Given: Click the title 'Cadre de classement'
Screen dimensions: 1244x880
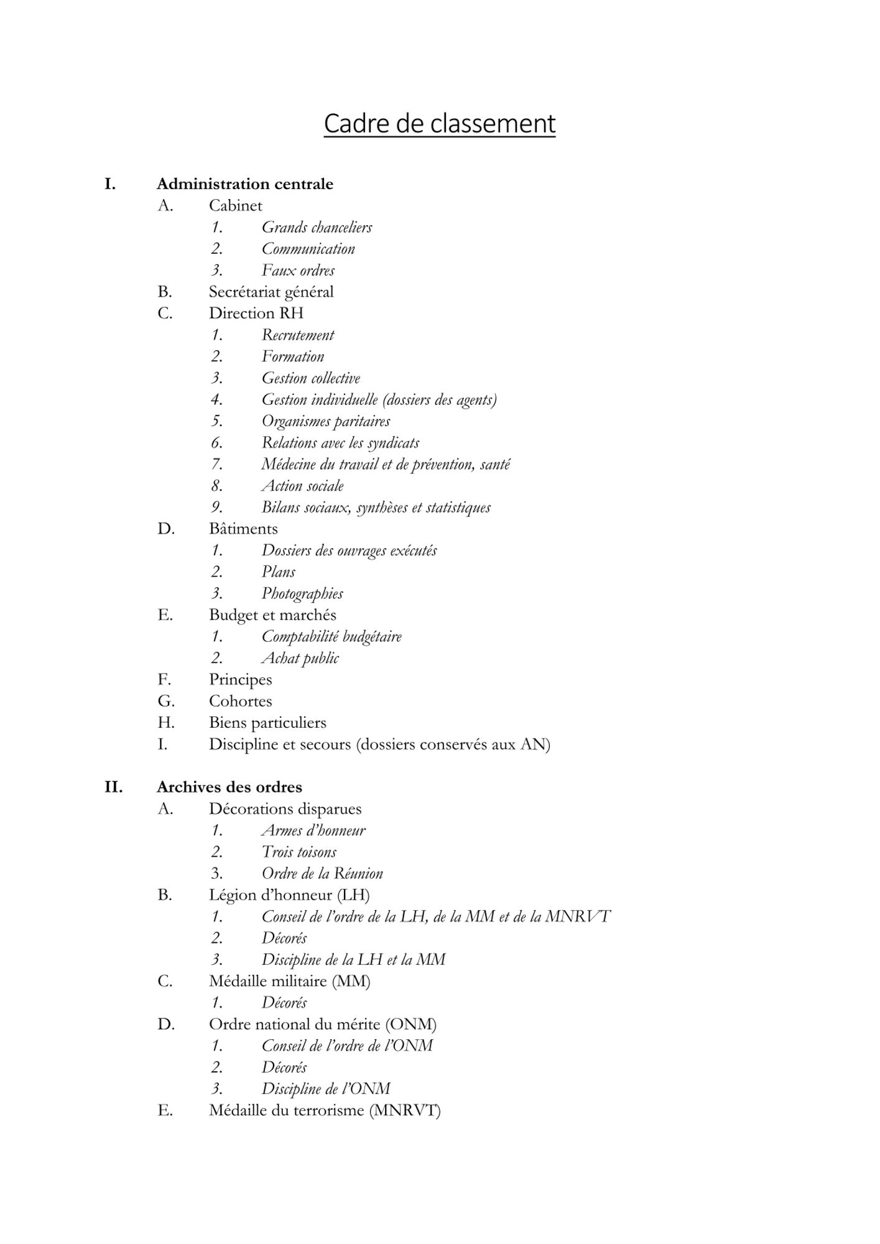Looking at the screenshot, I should point(439,123).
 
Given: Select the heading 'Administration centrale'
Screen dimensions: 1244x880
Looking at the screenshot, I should point(244,184).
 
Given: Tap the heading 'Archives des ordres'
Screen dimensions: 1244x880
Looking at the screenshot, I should point(229,787).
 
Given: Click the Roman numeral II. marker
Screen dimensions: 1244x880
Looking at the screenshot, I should point(113,787).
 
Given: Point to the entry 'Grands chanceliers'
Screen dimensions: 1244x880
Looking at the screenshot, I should point(317,228).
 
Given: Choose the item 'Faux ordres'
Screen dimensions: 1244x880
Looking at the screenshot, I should point(298,271).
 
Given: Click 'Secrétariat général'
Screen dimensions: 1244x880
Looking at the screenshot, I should point(271,292).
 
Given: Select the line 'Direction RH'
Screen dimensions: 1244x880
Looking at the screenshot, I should point(256,313).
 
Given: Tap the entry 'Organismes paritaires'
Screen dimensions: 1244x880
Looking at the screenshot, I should point(326,421).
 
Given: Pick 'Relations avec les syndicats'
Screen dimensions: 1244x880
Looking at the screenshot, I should point(340,443).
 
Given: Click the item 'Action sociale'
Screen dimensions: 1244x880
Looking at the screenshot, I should point(302,486).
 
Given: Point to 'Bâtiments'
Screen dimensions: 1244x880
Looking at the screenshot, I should point(243,529).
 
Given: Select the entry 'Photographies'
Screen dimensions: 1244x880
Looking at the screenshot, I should point(302,593).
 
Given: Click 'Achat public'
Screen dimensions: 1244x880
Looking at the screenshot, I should point(300,658).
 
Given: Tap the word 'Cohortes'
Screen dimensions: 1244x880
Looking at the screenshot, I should point(240,701).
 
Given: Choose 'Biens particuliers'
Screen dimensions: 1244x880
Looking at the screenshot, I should point(267,723).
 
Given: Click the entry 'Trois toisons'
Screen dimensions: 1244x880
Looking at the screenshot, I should point(299,852).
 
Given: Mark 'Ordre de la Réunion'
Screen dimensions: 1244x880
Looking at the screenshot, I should point(322,873).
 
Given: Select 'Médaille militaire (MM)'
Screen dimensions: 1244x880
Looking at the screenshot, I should point(289,982).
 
